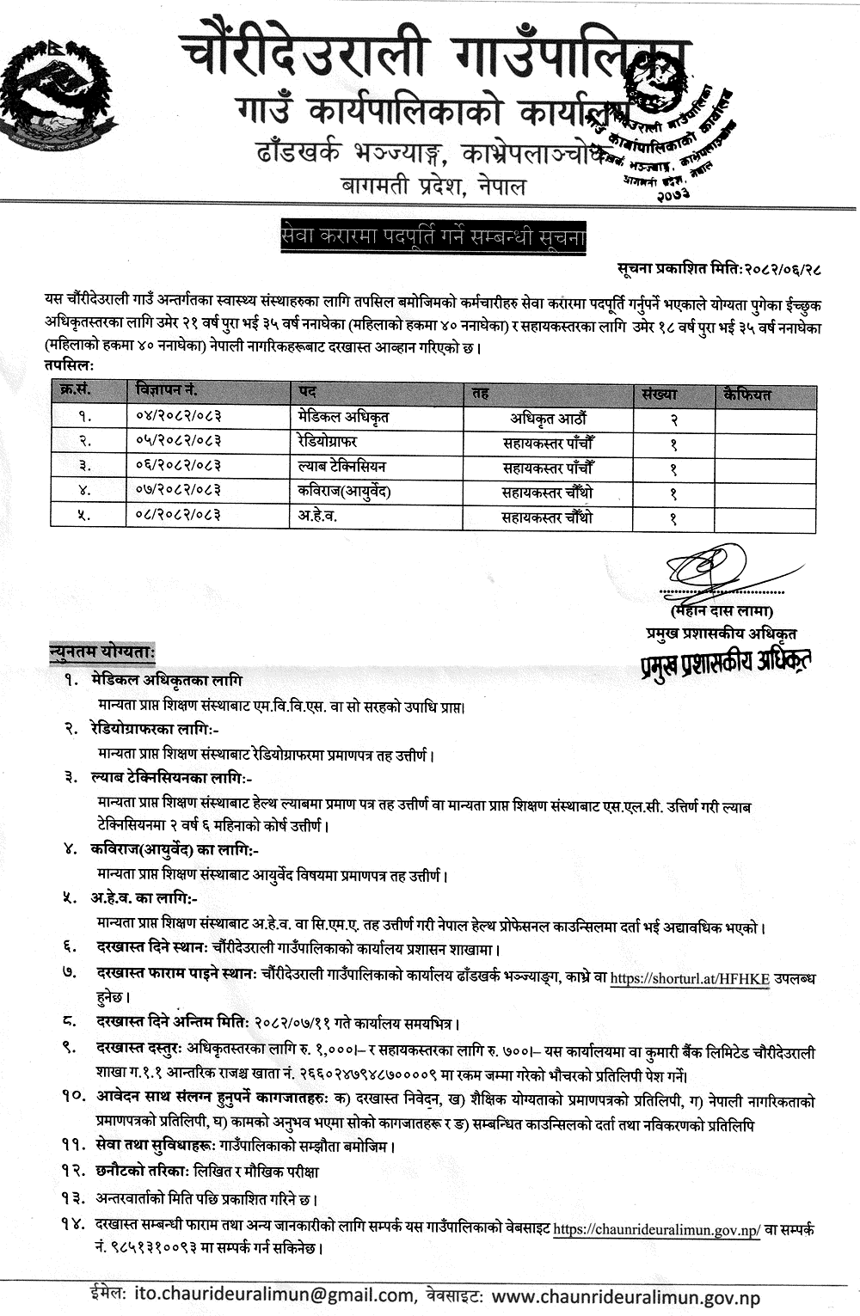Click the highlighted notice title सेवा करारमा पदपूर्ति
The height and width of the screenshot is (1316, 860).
click(x=433, y=236)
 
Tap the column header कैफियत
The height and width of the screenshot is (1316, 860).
click(x=747, y=395)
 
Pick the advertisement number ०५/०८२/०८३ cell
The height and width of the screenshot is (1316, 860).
click(x=178, y=441)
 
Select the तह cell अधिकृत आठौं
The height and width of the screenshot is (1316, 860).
click(x=548, y=419)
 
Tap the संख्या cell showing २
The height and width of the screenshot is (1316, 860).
click(x=673, y=419)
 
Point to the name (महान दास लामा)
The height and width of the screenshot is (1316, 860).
click(x=722, y=611)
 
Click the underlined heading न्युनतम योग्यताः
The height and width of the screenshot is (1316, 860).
click(x=101, y=652)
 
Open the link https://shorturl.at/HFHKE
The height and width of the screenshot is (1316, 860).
click(x=690, y=978)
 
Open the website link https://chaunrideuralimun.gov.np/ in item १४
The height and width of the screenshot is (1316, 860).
click(x=656, y=1229)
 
